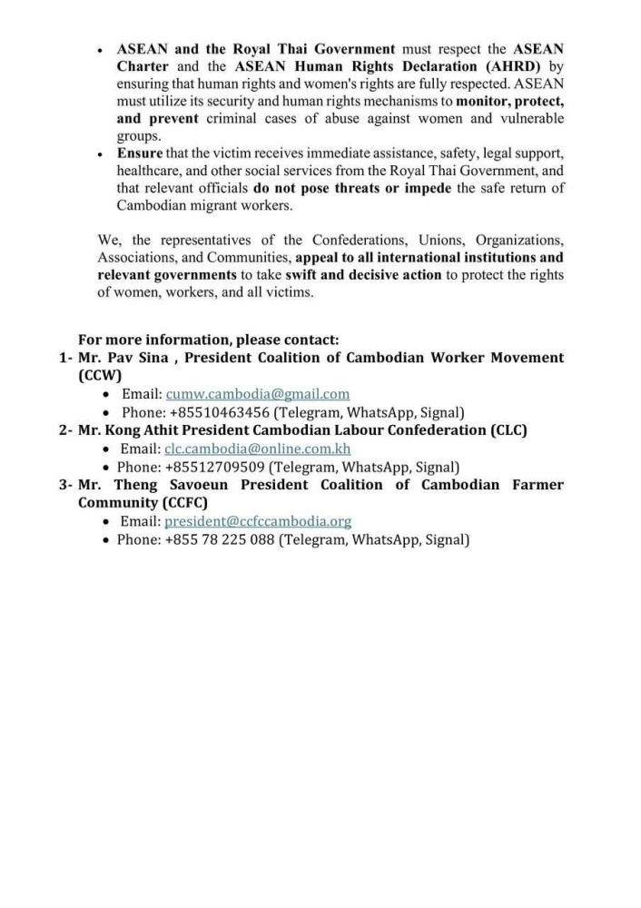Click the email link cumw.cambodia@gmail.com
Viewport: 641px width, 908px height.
(257, 394)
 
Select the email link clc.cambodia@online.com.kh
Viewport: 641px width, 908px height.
(257, 449)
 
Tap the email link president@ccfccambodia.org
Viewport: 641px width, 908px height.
(258, 521)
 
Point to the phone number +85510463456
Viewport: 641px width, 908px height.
(220, 412)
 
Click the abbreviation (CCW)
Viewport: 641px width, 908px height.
(100, 375)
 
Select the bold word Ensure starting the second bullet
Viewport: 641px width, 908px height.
(140, 153)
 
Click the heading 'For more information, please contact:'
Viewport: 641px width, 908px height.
(208, 340)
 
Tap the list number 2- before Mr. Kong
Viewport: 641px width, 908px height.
(65, 430)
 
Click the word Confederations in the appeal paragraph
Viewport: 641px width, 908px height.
(361, 241)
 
